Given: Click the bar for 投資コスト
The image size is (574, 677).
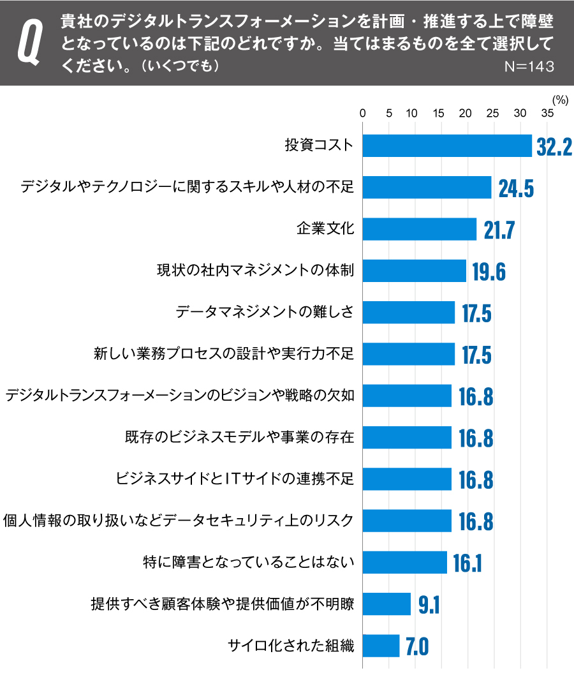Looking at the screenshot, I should point(446,146).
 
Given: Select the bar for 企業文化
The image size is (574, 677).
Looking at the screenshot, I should point(420,229).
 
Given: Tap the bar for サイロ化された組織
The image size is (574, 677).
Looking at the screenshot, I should point(381,646).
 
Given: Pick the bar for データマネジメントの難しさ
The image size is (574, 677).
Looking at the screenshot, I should point(409,313).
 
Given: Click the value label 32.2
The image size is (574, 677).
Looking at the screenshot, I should point(554,147).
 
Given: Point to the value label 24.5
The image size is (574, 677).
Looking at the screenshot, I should point(515,188).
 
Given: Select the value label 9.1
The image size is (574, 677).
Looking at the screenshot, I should point(429,604).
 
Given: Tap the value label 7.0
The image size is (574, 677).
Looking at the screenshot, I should point(416,646).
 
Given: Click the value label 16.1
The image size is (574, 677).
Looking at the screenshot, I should point(467,563).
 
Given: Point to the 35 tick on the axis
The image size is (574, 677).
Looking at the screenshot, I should point(547,114).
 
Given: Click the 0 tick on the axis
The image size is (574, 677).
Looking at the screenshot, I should point(363,114).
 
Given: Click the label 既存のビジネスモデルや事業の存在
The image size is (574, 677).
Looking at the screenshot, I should point(239,438).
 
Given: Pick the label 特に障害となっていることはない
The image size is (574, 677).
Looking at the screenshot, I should point(248,563).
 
